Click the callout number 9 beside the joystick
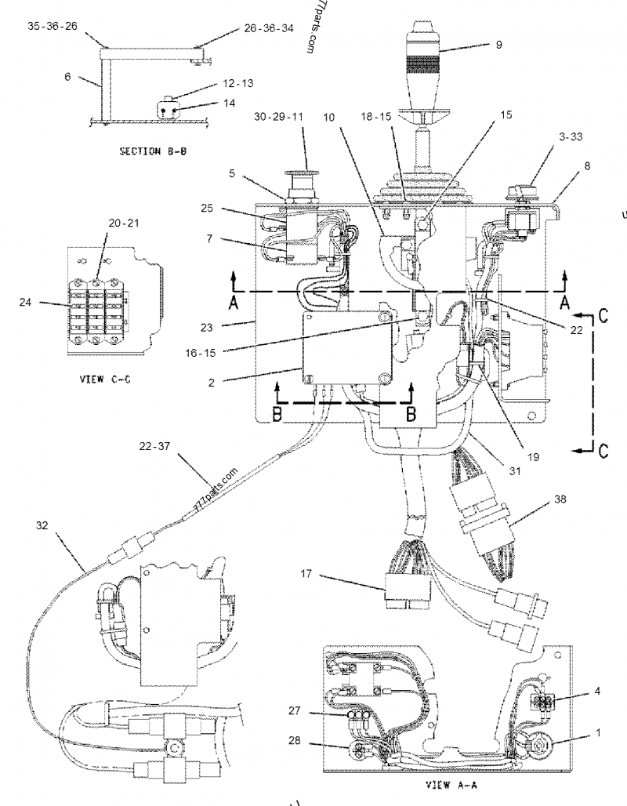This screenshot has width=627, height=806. [498, 45]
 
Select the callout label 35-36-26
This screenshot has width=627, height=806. [53, 26]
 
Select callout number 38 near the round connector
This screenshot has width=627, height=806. [559, 499]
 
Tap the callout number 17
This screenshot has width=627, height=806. [306, 574]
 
